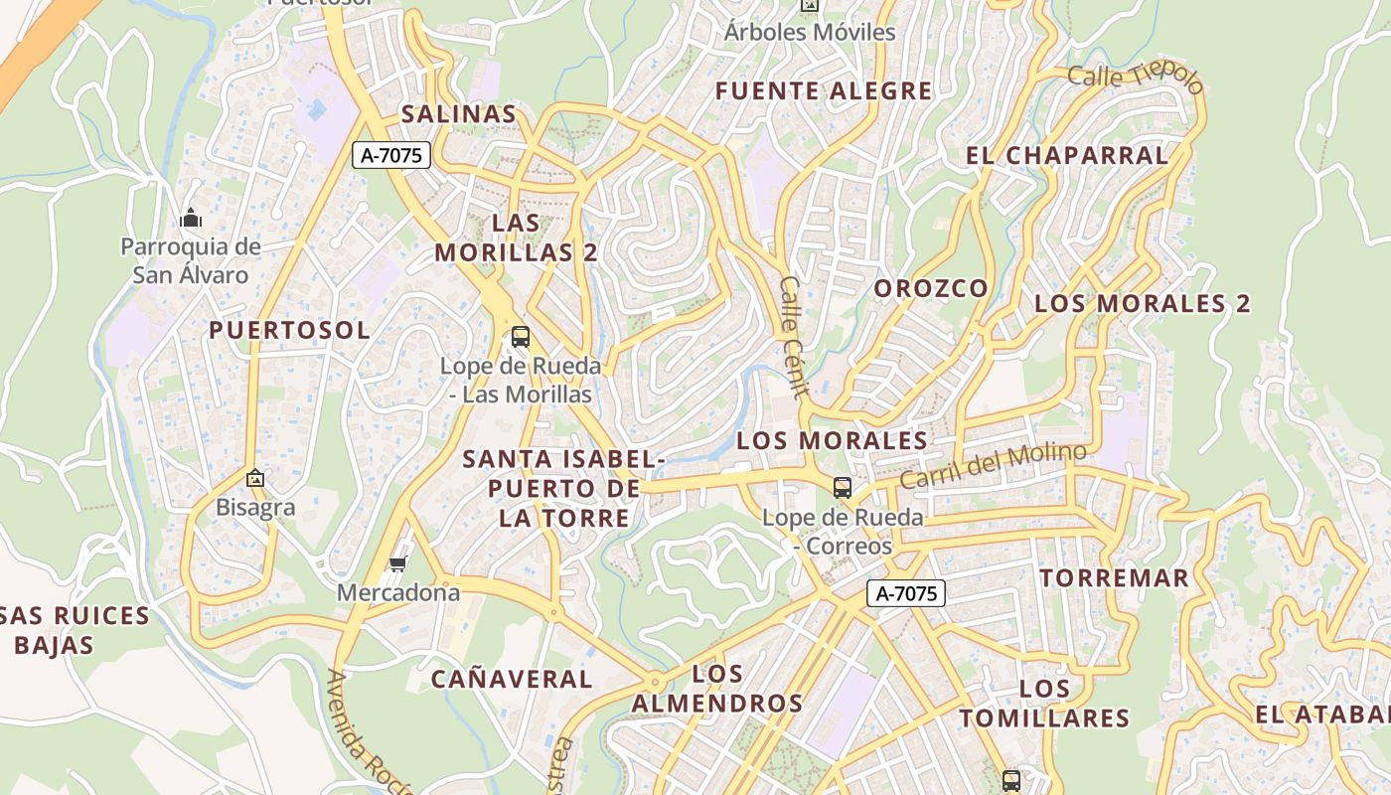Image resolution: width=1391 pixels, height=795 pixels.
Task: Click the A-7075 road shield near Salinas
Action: point(391,155)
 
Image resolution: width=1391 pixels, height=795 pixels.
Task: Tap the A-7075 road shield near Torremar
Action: point(906,594)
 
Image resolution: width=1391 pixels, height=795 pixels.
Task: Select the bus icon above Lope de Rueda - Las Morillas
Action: point(521,337)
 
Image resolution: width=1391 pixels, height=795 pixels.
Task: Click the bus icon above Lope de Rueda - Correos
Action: point(843,487)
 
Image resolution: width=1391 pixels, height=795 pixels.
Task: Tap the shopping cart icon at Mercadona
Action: point(398,564)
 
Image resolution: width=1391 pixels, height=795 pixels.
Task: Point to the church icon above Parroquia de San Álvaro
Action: point(191,218)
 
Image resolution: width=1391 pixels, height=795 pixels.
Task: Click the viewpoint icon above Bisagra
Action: point(255,479)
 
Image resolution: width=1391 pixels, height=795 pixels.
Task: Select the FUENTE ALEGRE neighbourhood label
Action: point(824,91)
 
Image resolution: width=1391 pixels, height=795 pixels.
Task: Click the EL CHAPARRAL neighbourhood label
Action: point(1067,156)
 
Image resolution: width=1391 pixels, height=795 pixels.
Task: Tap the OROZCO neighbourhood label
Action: point(931,289)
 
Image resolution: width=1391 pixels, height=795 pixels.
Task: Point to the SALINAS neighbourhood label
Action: point(459,114)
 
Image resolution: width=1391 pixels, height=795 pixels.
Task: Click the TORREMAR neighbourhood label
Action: point(1114,578)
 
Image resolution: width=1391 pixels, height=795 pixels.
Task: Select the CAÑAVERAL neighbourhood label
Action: point(512,680)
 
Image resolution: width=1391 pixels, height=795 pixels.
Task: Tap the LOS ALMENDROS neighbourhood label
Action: point(717,689)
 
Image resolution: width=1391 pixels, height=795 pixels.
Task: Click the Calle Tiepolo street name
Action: point(1136,79)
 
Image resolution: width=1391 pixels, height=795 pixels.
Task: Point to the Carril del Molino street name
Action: point(993,465)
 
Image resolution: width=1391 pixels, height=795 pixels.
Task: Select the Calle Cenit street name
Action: point(793,337)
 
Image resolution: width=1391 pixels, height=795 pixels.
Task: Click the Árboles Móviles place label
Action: point(810,32)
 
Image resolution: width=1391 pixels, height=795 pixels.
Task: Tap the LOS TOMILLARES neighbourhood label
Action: point(1044,704)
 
